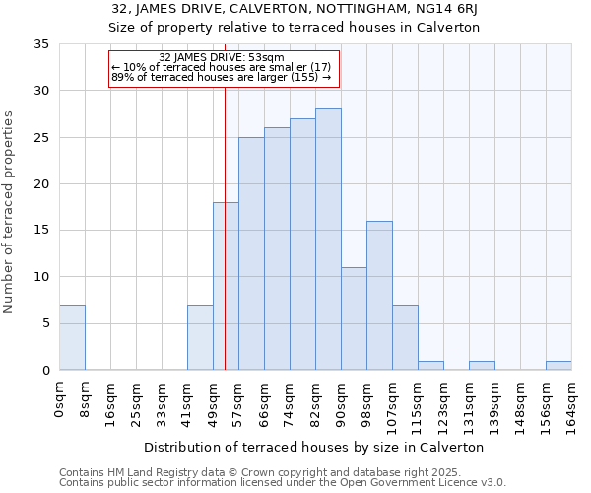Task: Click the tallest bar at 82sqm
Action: tap(328, 240)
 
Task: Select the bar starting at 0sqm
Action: tap(72, 337)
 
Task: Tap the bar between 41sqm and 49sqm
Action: tap(200, 337)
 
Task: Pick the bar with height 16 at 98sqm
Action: tap(379, 296)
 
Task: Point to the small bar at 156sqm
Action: tap(558, 366)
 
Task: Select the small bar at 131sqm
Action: tap(482, 366)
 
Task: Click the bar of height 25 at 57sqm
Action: tap(251, 253)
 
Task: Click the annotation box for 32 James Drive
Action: tap(224, 67)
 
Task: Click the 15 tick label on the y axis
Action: tap(42, 231)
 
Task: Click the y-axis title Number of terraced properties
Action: tap(9, 212)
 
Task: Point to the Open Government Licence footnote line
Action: tap(283, 482)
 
